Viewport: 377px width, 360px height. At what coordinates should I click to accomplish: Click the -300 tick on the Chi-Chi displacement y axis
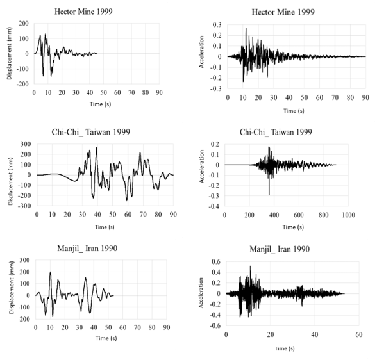[x=22, y=206]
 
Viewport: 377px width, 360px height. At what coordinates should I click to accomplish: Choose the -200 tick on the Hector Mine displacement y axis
[x=22, y=84]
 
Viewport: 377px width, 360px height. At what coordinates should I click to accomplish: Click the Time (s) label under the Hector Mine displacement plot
[x=97, y=104]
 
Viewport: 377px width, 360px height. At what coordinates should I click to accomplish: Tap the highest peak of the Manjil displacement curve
[x=50, y=273]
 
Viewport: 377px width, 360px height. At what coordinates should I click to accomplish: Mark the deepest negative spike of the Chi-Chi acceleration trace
[x=269, y=194]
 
